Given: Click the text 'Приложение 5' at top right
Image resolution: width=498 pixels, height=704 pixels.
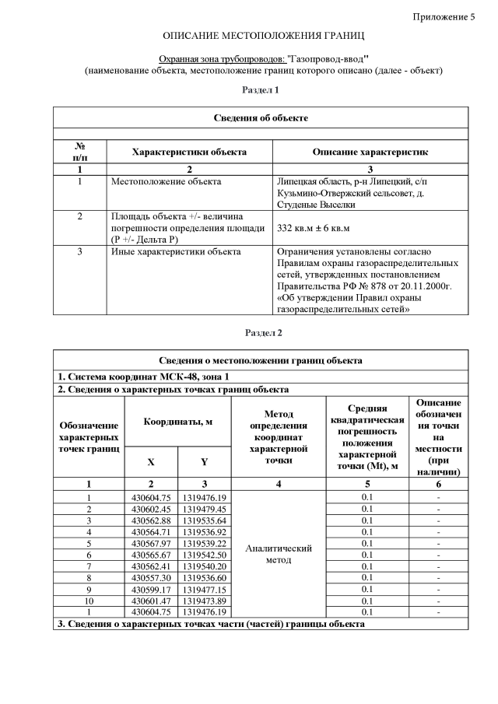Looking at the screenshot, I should tap(444, 17).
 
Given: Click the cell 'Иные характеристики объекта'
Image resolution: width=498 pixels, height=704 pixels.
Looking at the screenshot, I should tap(176, 252).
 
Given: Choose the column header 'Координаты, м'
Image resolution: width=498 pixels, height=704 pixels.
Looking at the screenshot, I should tap(178, 421).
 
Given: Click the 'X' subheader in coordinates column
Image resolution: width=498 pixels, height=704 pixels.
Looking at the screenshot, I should tap(151, 461).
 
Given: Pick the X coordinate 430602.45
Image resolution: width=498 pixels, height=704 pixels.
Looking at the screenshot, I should tap(151, 509).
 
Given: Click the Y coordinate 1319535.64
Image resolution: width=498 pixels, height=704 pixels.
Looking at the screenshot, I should tap(203, 520).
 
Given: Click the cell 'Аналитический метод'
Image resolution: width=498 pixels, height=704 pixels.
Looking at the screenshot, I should tap(279, 554).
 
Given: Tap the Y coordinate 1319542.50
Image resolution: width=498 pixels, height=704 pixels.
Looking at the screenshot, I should tap(203, 554).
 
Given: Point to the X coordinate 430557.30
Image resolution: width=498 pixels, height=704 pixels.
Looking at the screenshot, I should tap(151, 578).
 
